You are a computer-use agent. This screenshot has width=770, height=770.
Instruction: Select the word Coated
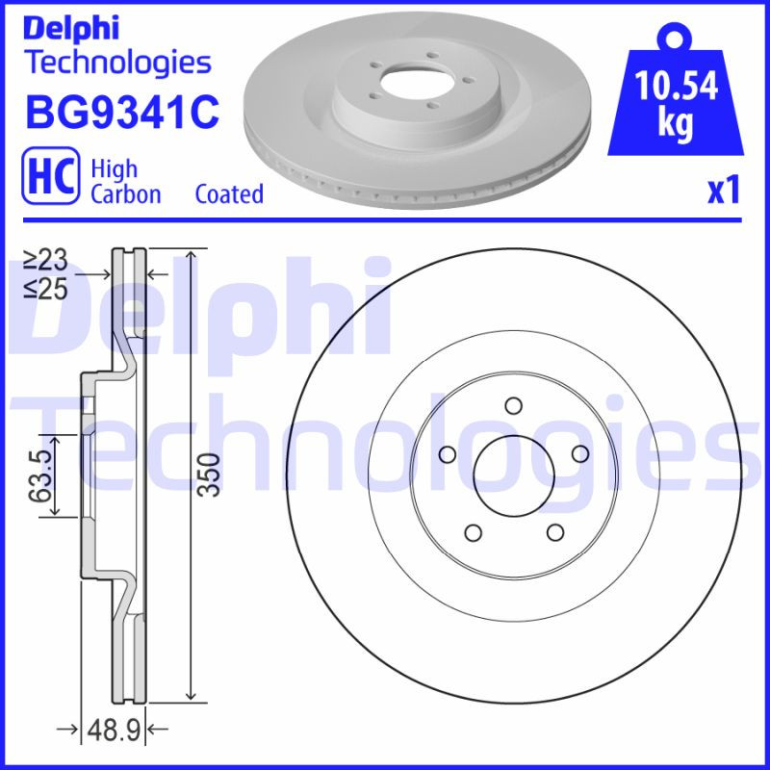pos(229,193)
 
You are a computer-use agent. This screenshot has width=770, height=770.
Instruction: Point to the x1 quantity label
pos(723,192)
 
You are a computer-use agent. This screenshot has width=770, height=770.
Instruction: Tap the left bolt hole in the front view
pos(446,453)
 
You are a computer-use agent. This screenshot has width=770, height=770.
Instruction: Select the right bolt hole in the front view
pos(579,453)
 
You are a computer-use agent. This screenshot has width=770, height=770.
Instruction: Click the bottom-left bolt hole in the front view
pos(472,531)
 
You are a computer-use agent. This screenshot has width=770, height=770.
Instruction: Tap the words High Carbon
pos(125,181)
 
